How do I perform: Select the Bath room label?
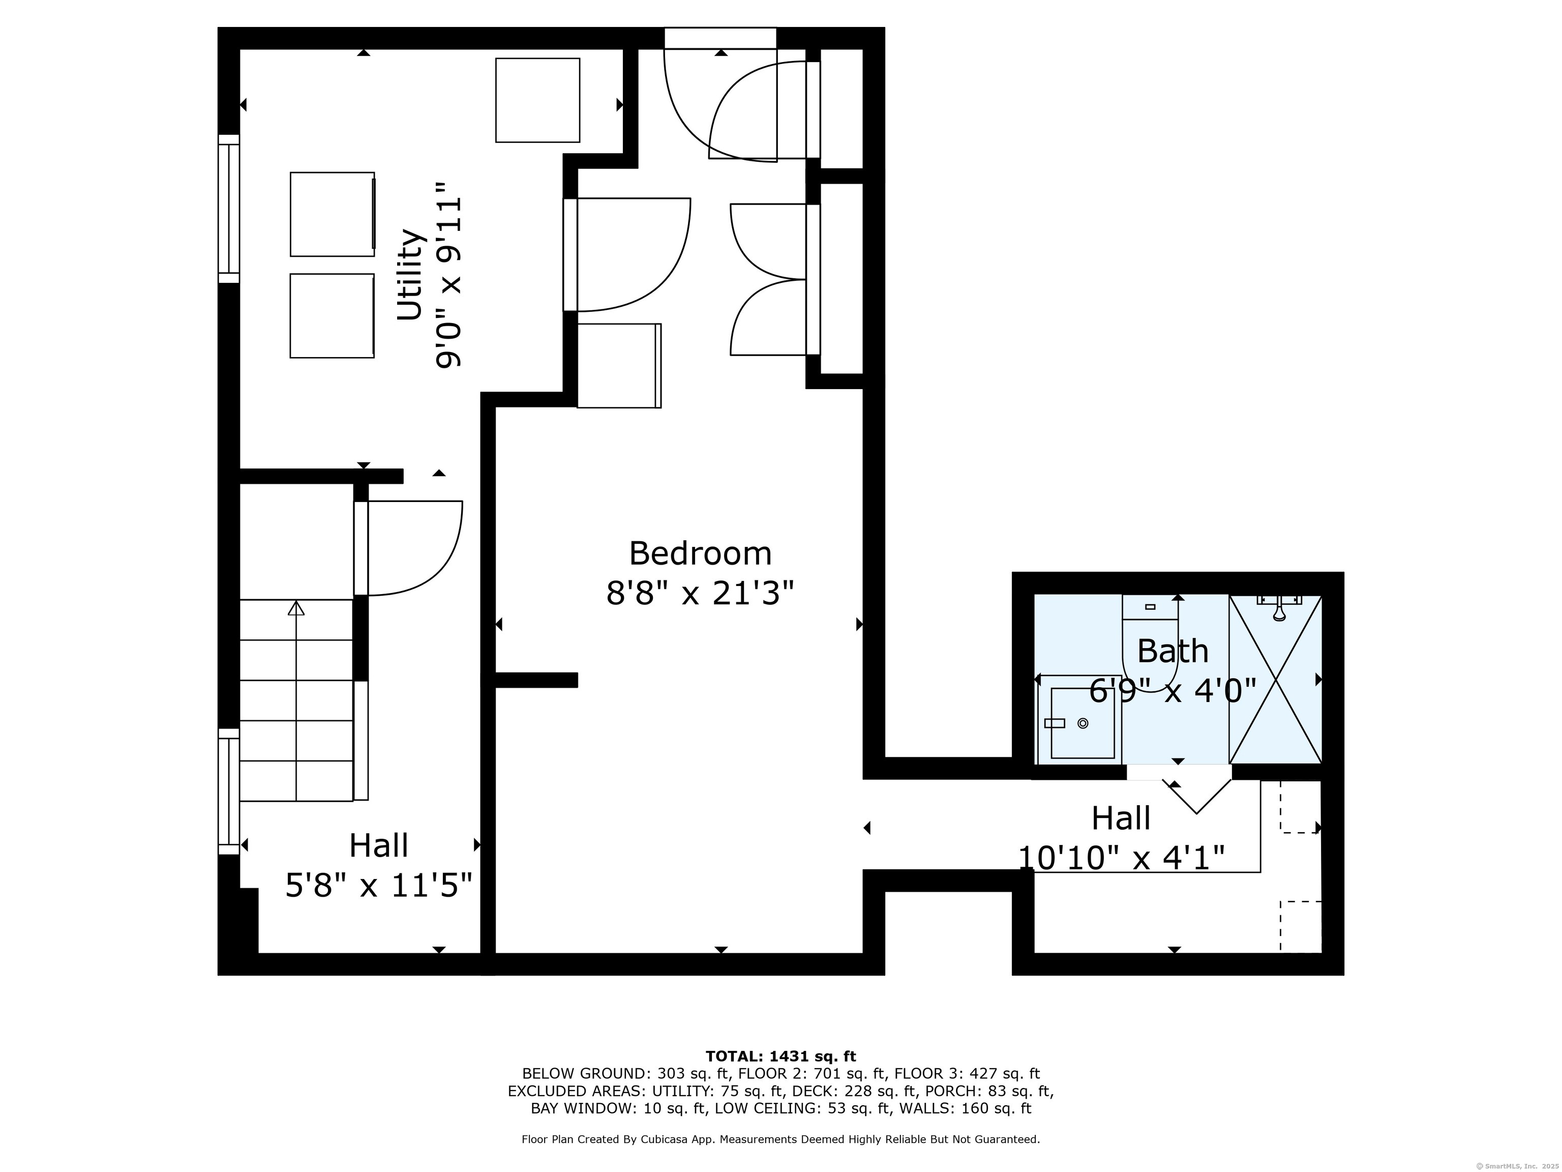[x=1173, y=651]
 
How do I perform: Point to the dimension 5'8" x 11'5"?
[x=378, y=885]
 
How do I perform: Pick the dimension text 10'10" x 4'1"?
[x=1121, y=858]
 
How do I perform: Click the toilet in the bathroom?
[x=1150, y=643]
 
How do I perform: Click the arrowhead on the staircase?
[x=296, y=607]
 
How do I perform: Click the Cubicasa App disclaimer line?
[x=780, y=1139]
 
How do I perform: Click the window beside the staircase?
[x=229, y=791]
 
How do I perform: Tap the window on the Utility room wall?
[x=229, y=209]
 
